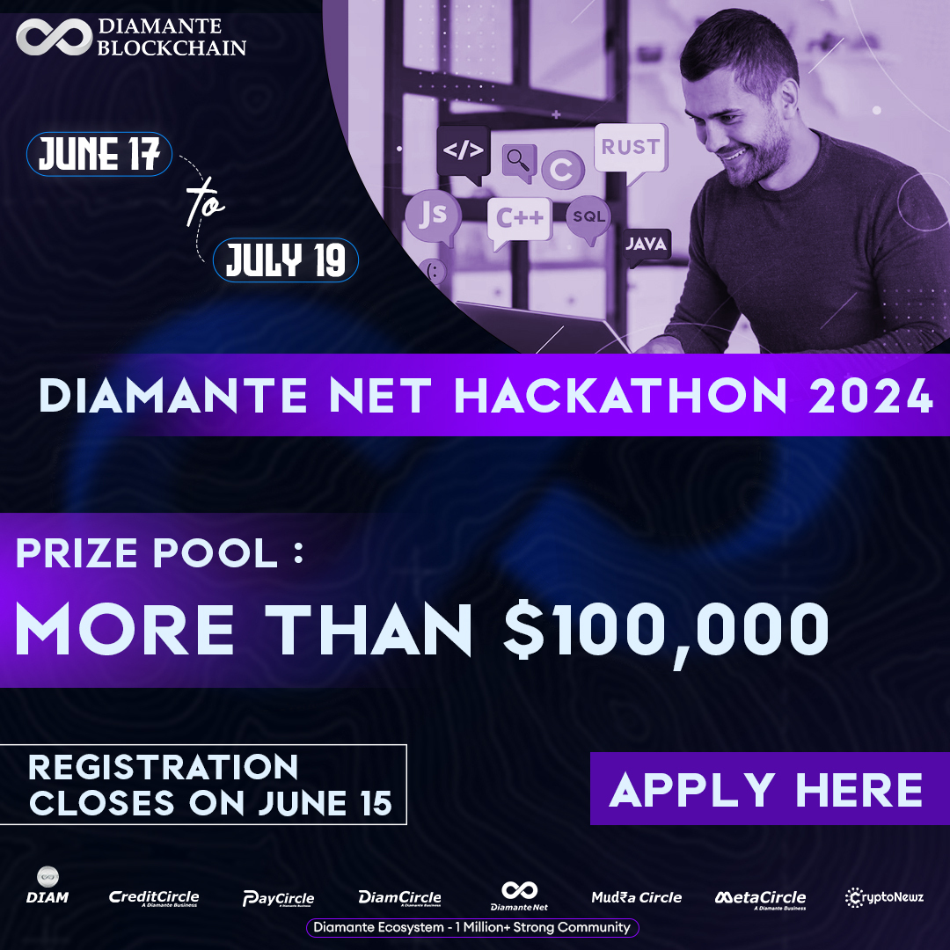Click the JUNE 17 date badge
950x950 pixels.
coord(99,155)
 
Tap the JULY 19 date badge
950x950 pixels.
coord(287,260)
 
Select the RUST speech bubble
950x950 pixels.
coord(630,148)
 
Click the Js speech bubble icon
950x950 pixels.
coord(432,215)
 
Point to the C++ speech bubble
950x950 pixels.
coord(520,217)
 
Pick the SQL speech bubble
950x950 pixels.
coord(588,216)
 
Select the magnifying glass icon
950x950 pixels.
coord(519,161)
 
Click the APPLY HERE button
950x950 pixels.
coord(766,788)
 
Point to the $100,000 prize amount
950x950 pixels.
coord(666,630)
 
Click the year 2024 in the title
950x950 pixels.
coord(870,397)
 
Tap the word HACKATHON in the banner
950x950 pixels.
coord(619,397)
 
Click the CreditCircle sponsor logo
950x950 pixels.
coord(154,898)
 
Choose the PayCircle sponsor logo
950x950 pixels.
coord(278,898)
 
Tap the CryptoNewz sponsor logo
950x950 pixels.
coord(885,897)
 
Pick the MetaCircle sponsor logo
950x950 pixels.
coord(760,898)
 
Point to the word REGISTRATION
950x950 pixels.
coord(164,768)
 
